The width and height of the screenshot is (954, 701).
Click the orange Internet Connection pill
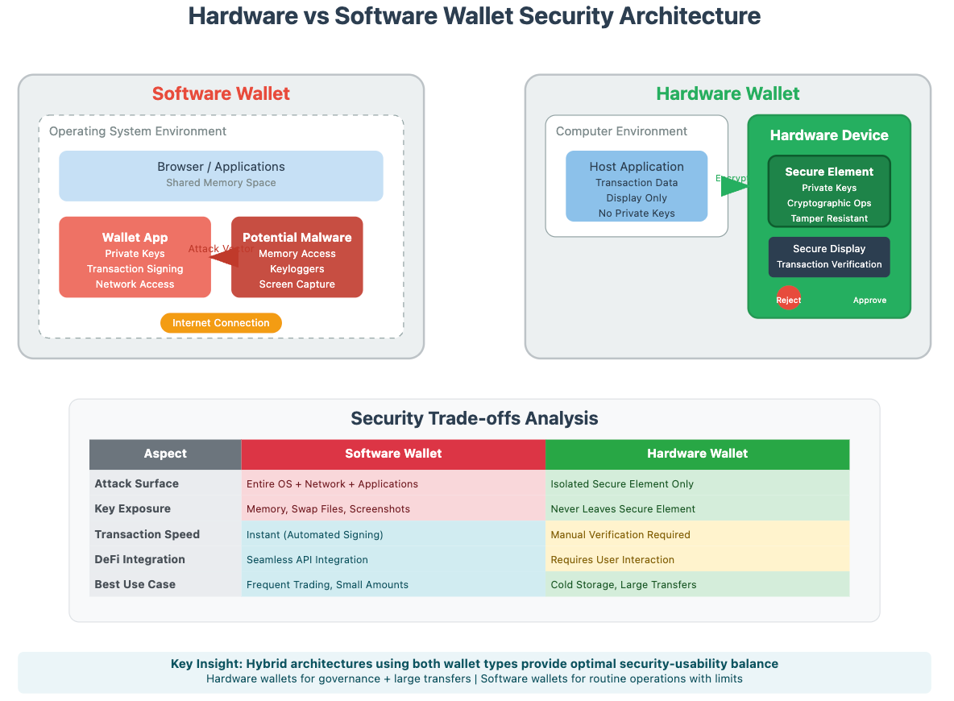point(221,323)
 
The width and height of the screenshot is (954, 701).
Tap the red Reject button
point(788,300)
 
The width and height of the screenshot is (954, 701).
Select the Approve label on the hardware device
point(869,300)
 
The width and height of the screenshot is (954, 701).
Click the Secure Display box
point(829,257)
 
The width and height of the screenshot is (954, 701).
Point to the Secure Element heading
point(829,172)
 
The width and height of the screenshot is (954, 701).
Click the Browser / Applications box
point(221,175)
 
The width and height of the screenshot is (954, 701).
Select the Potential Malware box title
point(297,238)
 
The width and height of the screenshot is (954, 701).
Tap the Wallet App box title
point(135,238)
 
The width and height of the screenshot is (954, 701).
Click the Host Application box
point(637,186)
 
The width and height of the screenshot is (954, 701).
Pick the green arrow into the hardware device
point(733,187)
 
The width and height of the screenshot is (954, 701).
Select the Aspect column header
point(165,454)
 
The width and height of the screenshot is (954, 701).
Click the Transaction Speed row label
point(147,534)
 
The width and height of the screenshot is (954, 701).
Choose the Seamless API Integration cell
point(307,560)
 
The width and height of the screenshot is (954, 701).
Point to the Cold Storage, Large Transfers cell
point(624,585)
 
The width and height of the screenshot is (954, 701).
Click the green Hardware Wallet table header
point(697,454)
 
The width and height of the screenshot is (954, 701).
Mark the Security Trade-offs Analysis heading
point(474,418)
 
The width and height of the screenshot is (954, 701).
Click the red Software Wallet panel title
point(221,93)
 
